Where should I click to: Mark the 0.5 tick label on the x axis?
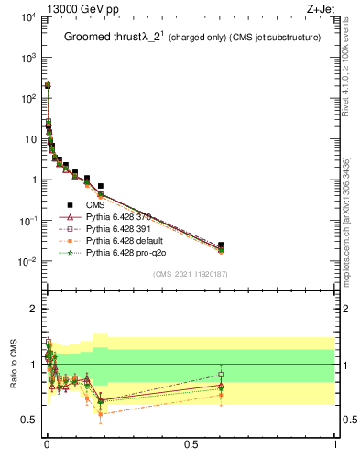click(x=191, y=444)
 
